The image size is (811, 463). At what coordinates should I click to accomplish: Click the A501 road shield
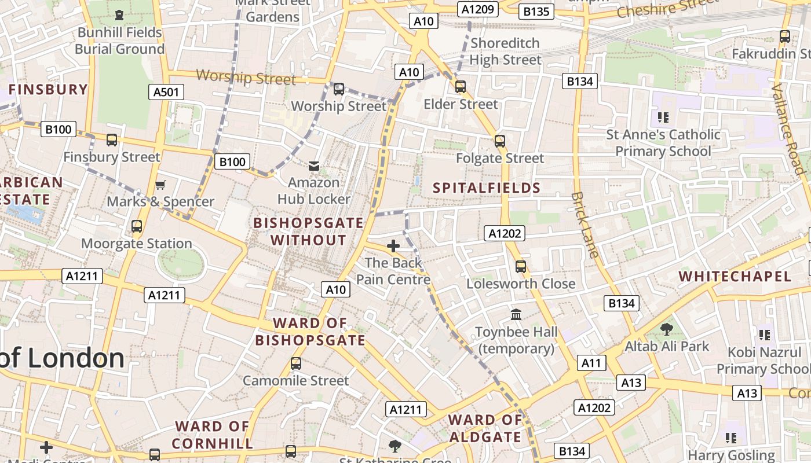pyautogui.click(x=166, y=91)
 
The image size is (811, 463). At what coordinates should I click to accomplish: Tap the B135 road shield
pyautogui.click(x=536, y=11)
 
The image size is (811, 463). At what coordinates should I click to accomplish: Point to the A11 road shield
pyautogui.click(x=591, y=363)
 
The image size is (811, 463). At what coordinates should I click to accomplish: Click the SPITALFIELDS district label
pyautogui.click(x=487, y=188)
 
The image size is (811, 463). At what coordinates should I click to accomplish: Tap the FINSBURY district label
pyautogui.click(x=48, y=89)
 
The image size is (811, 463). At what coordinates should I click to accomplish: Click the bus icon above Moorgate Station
pyautogui.click(x=137, y=226)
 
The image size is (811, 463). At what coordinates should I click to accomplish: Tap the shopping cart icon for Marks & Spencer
pyautogui.click(x=160, y=185)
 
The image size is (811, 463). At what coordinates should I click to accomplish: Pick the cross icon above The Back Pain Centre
pyautogui.click(x=393, y=246)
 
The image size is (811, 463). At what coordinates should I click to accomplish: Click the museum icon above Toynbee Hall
pyautogui.click(x=516, y=314)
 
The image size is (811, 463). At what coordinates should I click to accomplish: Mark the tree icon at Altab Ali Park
pyautogui.click(x=667, y=329)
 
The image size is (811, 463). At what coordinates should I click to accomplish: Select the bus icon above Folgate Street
pyautogui.click(x=499, y=141)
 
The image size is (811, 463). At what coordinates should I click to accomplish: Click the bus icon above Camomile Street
pyautogui.click(x=296, y=363)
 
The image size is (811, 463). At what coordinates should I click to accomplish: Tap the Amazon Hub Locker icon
pyautogui.click(x=313, y=166)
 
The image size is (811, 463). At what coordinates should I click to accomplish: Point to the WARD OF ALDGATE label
pyautogui.click(x=485, y=428)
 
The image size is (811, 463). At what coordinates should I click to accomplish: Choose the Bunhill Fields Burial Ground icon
pyautogui.click(x=119, y=15)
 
